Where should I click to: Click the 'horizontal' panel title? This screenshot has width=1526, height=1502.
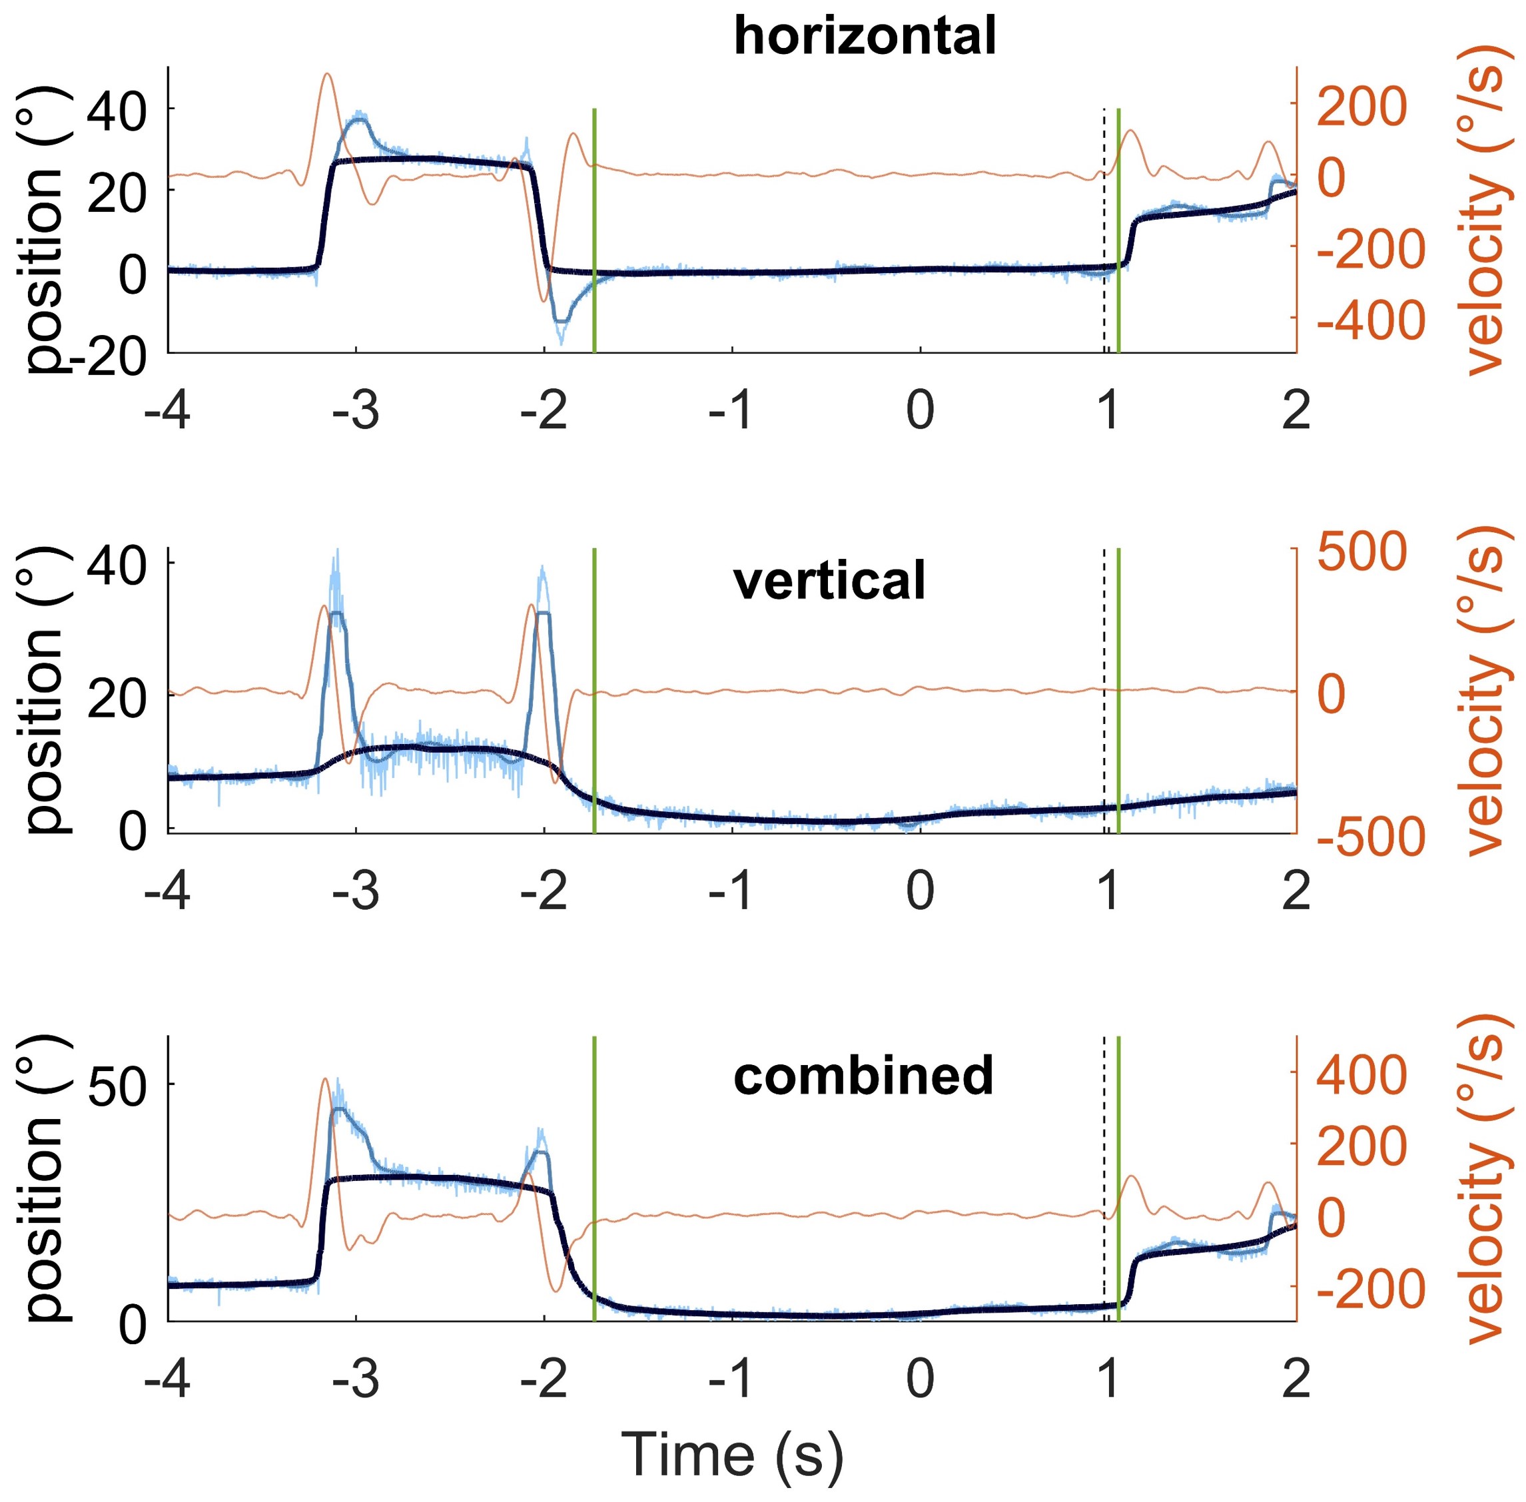(x=864, y=35)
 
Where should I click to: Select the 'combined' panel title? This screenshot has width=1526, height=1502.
(x=863, y=1075)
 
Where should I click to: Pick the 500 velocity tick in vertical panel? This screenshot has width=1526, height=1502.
(x=1362, y=551)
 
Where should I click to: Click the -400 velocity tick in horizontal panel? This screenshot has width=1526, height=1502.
(x=1371, y=320)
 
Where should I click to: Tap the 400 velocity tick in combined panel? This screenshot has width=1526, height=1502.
(x=1362, y=1074)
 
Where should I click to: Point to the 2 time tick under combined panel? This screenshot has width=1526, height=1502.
(x=1296, y=1379)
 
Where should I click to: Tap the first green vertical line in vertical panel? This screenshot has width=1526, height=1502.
(x=593, y=690)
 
